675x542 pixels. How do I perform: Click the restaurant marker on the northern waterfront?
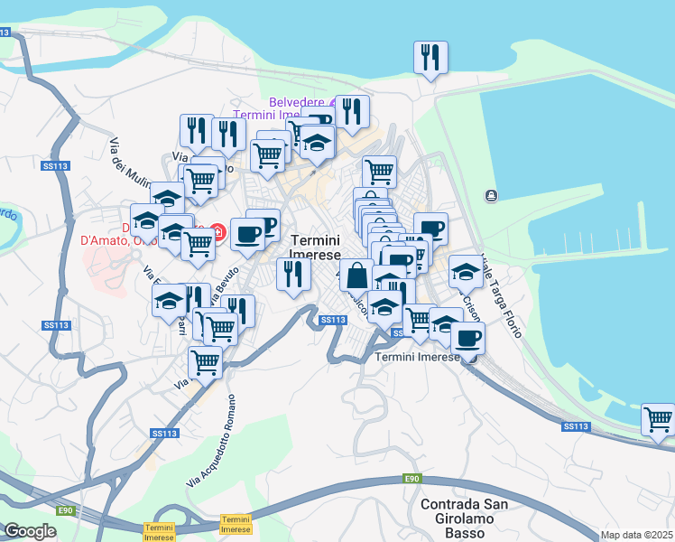click(430, 58)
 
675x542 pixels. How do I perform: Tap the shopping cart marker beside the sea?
click(658, 419)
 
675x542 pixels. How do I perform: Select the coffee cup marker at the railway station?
click(467, 338)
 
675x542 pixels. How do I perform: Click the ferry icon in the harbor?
click(490, 195)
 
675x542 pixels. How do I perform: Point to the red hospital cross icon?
click(218, 232)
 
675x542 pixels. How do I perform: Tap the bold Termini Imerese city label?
click(316, 248)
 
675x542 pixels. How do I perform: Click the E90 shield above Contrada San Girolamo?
click(412, 478)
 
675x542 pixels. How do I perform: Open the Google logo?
click(30, 530)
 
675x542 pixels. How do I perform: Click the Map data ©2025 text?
click(637, 535)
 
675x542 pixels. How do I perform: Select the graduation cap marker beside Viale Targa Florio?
click(466, 269)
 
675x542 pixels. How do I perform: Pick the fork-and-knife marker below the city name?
click(293, 274)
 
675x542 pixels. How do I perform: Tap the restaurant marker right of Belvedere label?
click(352, 112)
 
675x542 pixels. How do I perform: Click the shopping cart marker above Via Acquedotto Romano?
click(205, 362)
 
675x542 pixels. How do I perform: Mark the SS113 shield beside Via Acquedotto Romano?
click(164, 434)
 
